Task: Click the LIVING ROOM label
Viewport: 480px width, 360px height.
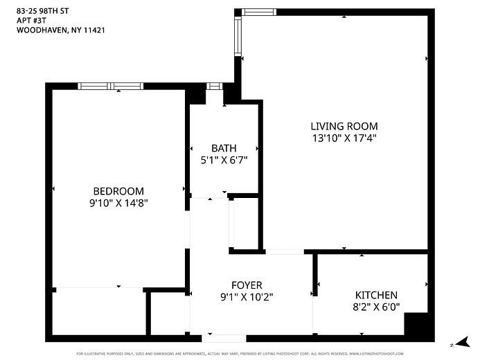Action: (344, 126)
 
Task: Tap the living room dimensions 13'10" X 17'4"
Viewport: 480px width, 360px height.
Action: (344, 138)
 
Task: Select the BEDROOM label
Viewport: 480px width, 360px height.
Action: (118, 191)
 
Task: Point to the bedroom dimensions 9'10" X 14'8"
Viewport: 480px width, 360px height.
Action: (118, 203)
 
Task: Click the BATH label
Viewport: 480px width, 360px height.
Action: (224, 148)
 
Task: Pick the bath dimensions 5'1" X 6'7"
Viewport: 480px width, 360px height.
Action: (224, 160)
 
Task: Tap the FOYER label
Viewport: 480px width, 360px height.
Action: (247, 285)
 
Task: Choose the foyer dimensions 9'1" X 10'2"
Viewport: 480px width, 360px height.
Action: (247, 298)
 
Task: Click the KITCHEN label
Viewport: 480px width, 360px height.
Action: (376, 295)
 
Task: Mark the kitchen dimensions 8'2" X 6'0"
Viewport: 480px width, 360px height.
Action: (376, 307)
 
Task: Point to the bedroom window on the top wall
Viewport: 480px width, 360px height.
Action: (111, 86)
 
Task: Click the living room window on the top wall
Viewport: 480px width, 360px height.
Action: (259, 12)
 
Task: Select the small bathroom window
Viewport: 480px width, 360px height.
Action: (214, 86)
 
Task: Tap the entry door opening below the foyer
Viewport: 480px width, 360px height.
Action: (224, 339)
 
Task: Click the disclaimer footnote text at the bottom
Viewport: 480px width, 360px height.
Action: (240, 354)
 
